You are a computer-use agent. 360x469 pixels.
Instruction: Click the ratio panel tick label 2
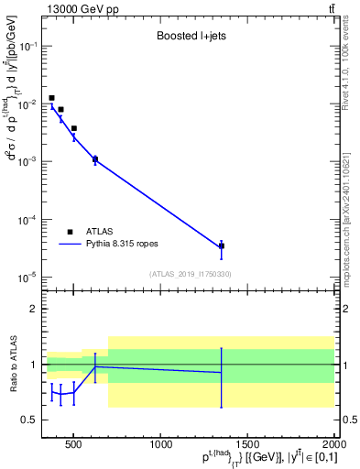32,309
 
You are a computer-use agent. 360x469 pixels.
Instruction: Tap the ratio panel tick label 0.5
28,420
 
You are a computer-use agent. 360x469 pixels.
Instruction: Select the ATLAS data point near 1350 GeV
222,246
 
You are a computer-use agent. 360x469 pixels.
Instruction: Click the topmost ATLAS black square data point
52,98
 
